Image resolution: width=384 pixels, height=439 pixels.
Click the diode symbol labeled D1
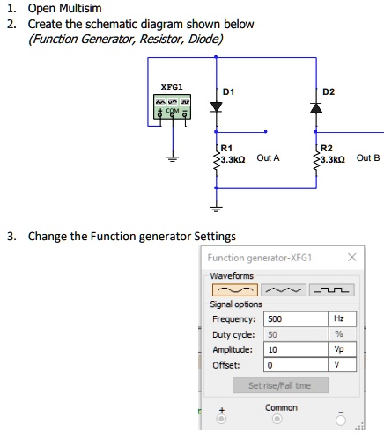point(216,106)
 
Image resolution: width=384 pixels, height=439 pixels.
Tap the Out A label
point(268,159)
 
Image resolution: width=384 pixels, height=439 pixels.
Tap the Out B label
point(369,159)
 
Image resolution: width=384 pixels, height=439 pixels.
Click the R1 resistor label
point(226,147)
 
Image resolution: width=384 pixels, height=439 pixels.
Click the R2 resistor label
point(327,147)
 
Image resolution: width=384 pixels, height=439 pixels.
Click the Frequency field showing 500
point(293,318)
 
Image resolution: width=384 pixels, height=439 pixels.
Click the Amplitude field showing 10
point(293,348)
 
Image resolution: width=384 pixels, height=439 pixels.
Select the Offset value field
point(293,363)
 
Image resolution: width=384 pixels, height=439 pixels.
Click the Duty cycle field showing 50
point(293,333)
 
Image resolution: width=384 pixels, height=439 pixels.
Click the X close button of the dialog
point(352,258)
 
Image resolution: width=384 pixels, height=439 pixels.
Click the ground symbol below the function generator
point(173,157)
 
